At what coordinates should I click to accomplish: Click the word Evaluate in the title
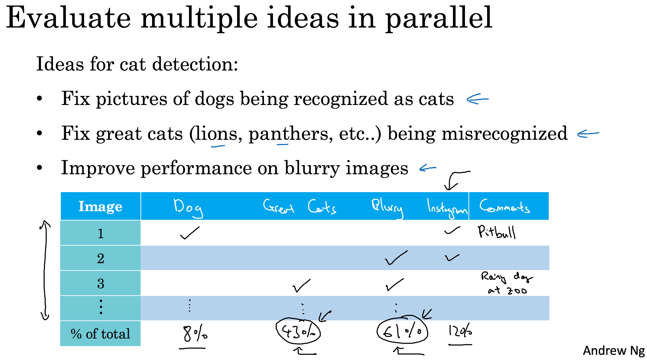click(68, 18)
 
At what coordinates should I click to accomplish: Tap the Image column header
click(100, 206)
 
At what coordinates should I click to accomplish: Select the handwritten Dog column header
click(188, 208)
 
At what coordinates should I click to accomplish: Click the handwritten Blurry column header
click(387, 208)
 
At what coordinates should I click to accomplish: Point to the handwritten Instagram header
click(447, 208)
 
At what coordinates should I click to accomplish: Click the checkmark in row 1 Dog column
click(190, 233)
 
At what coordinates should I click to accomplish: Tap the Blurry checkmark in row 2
click(396, 258)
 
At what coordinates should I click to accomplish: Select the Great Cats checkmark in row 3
click(301, 285)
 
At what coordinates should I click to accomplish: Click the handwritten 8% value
click(195, 334)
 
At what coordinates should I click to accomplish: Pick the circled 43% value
click(298, 332)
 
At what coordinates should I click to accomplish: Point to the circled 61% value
click(402, 332)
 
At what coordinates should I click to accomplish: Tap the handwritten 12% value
click(460, 331)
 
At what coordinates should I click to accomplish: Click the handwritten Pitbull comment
click(496, 232)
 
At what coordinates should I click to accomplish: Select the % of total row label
click(100, 334)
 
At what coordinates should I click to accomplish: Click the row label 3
click(101, 283)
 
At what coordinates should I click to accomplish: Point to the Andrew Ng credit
click(614, 351)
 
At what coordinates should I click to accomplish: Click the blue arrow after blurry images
click(428, 168)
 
